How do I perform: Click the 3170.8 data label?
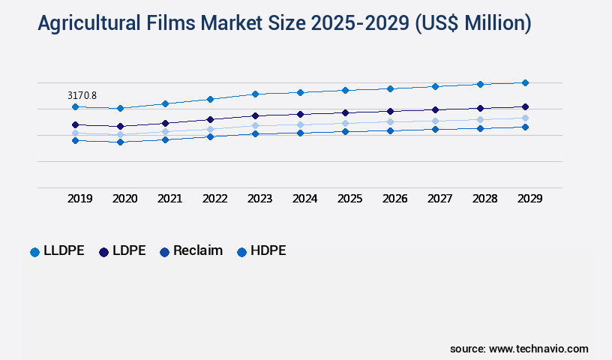(x=82, y=95)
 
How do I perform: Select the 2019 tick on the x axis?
(x=80, y=199)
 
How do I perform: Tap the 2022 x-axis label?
(x=215, y=199)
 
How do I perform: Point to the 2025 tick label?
(x=350, y=199)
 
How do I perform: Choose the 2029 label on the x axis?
(x=530, y=199)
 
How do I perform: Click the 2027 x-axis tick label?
(x=440, y=199)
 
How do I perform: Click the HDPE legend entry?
(x=266, y=251)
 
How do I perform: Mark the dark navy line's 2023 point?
(x=255, y=115)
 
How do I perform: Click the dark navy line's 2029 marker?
(x=525, y=106)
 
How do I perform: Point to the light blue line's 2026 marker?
(x=390, y=121)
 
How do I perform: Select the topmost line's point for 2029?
(x=525, y=82)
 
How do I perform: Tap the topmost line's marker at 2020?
(x=120, y=108)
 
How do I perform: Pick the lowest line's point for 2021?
(x=165, y=139)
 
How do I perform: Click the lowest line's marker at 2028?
(x=480, y=128)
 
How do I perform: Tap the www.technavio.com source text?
(x=538, y=349)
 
